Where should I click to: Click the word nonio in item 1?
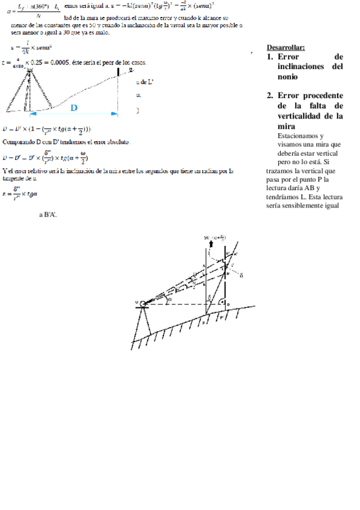(287, 77)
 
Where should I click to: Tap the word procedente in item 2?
(323, 95)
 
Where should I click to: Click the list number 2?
(270, 95)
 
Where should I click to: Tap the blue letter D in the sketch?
(74, 108)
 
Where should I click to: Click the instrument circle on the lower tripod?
(143, 302)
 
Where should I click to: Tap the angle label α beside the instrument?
(169, 297)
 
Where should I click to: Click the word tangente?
(14, 179)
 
